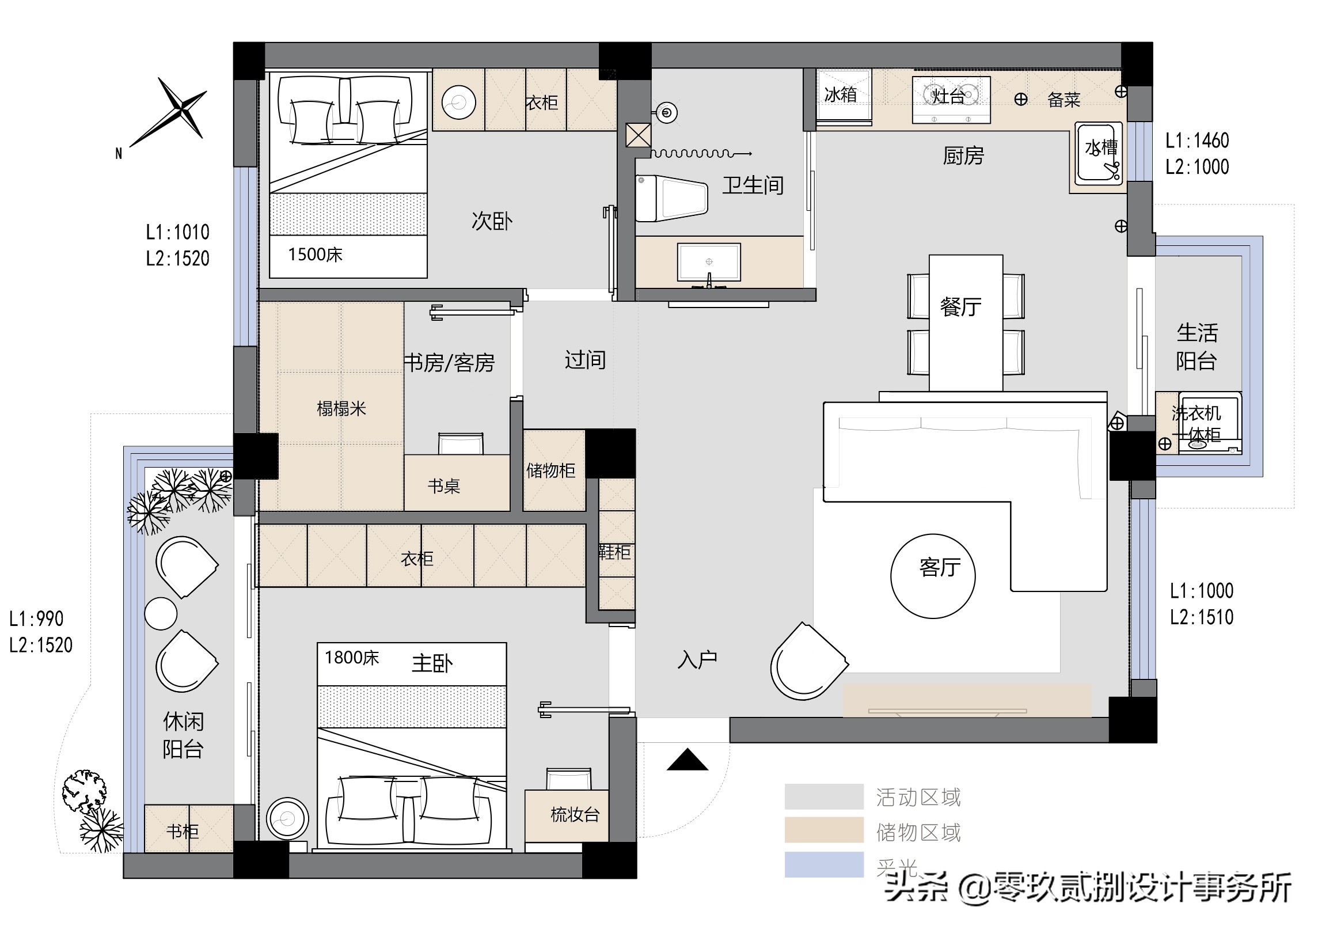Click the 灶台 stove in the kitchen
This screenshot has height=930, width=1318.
(951, 97)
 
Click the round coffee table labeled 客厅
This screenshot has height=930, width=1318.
(933, 576)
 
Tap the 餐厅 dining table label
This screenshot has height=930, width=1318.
(960, 307)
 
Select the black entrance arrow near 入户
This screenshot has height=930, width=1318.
(688, 760)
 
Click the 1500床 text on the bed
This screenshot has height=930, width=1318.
(315, 255)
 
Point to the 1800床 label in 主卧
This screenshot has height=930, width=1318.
(351, 658)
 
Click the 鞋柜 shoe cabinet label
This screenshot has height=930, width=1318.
(615, 553)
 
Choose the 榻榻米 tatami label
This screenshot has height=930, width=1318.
(341, 409)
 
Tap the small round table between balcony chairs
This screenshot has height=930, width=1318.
(161, 613)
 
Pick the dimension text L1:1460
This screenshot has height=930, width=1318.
(1197, 141)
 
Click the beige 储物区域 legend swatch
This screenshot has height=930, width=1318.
(823, 830)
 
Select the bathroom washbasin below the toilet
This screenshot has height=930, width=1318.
(709, 263)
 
